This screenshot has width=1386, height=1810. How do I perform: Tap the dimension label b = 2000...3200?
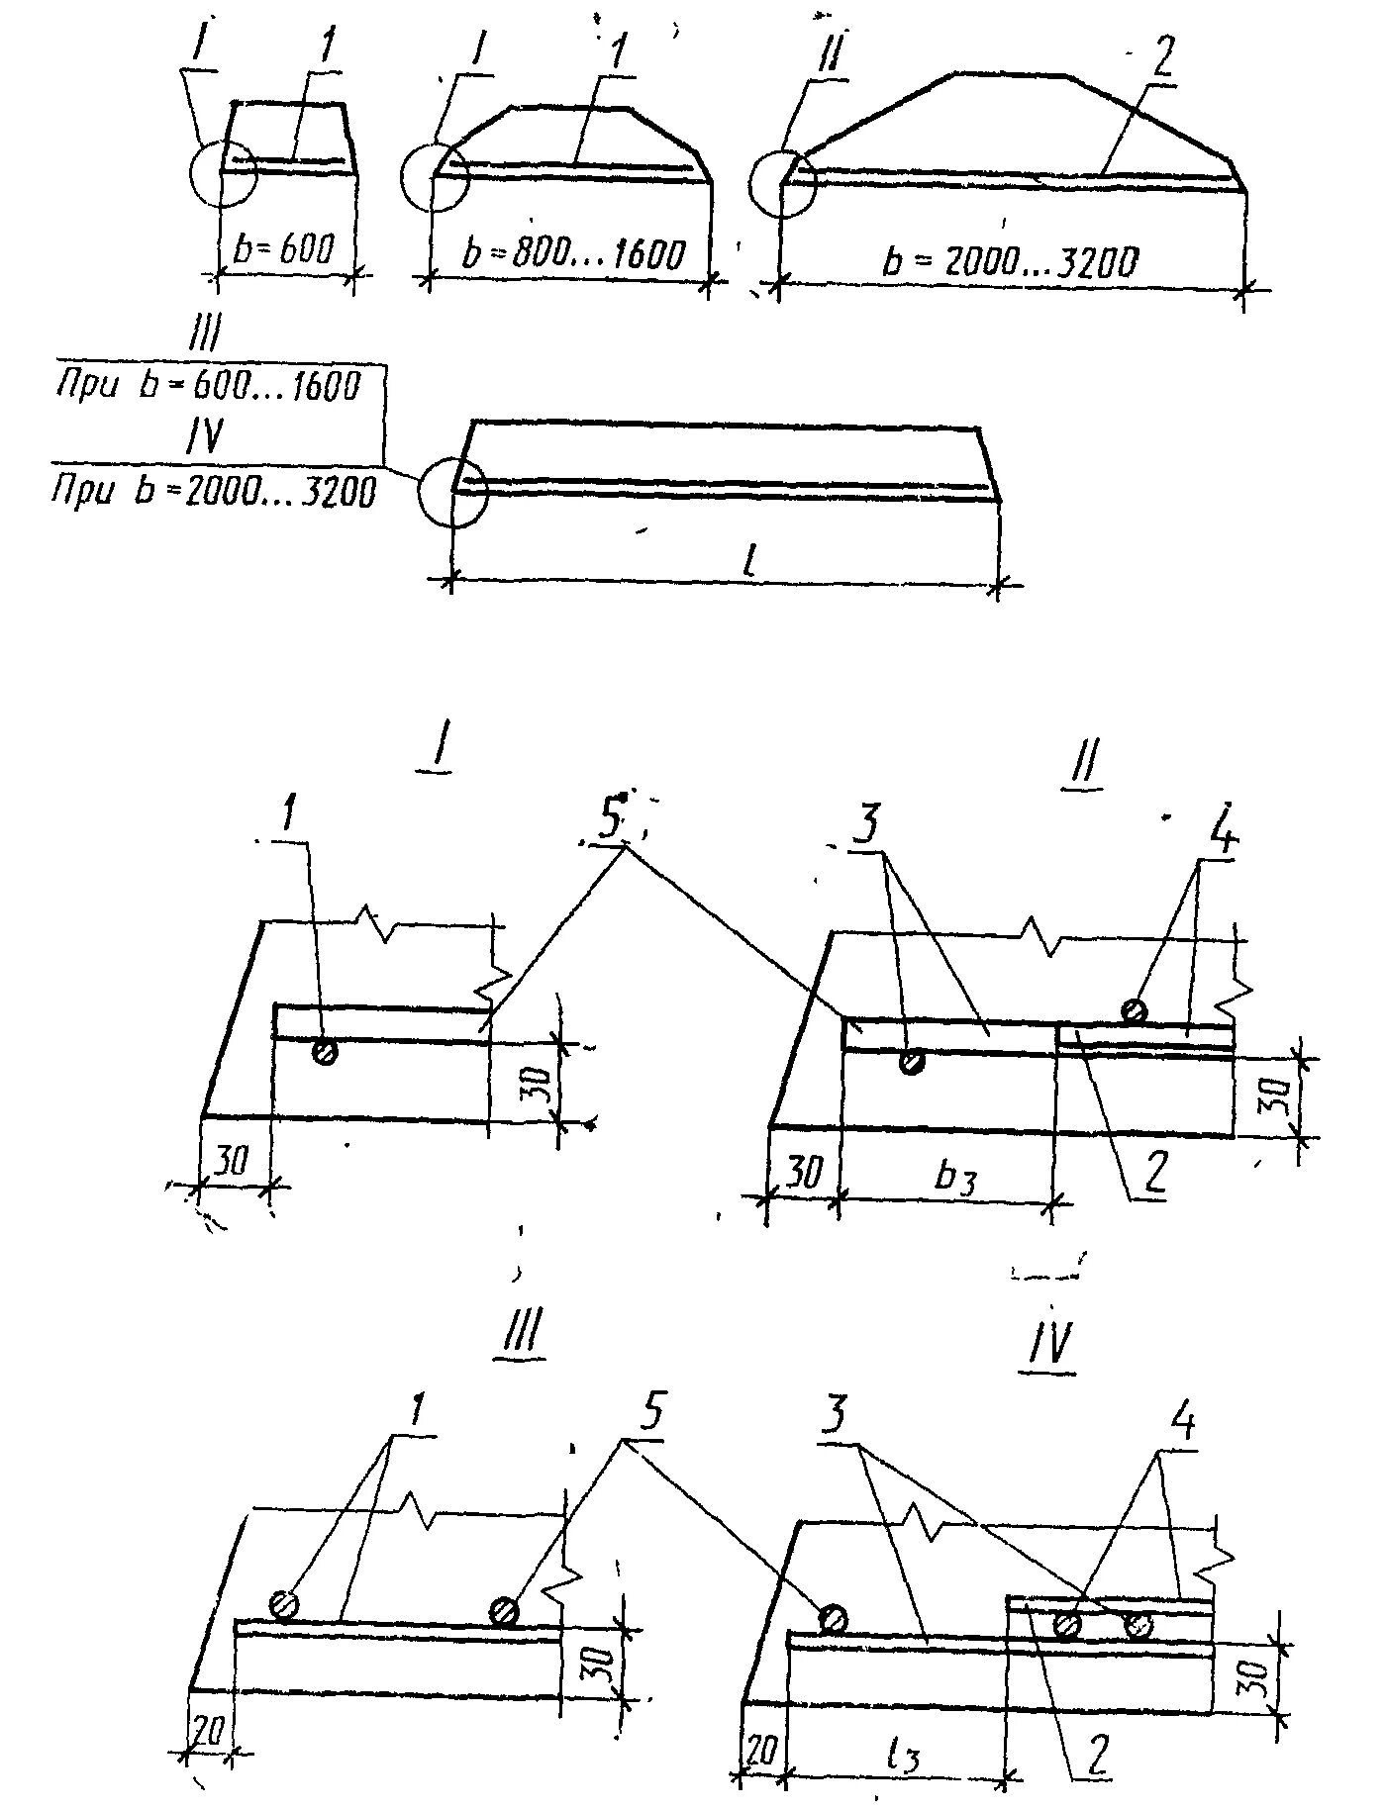coord(1011,262)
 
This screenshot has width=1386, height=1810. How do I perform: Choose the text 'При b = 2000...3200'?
coord(214,490)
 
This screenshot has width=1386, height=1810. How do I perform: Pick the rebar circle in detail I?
coord(324,1051)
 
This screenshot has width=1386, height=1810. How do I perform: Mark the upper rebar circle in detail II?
coord(1135,1010)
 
